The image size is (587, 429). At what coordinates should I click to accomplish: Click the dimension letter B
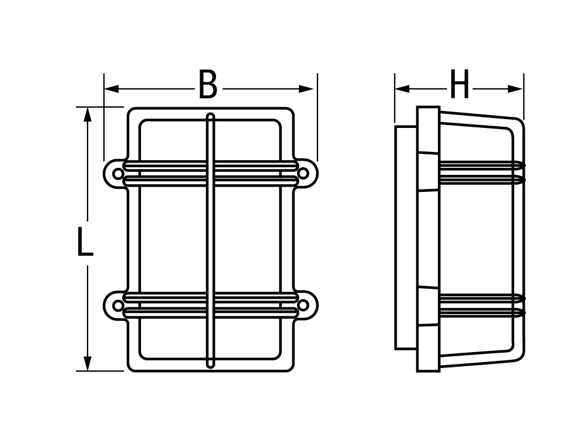[208, 85]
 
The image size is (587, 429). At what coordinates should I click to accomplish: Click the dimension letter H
[460, 84]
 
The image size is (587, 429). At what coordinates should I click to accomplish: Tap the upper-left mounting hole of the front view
[117, 174]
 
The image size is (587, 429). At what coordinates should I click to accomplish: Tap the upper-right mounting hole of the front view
[303, 173]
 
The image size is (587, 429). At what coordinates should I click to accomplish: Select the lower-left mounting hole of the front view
[117, 306]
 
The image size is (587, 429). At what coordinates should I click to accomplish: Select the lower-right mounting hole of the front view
[303, 306]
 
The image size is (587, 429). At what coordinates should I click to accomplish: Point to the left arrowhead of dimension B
[112, 89]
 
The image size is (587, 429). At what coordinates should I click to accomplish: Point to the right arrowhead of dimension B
[306, 89]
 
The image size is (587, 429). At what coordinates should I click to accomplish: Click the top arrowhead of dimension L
[87, 114]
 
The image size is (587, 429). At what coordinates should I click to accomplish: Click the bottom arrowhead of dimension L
[87, 363]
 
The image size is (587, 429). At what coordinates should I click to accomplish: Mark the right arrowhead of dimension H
[515, 89]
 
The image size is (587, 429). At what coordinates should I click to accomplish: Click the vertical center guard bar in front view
[211, 241]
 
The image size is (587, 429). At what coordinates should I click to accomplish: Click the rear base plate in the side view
[406, 238]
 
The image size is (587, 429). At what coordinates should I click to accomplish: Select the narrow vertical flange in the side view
[429, 239]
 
